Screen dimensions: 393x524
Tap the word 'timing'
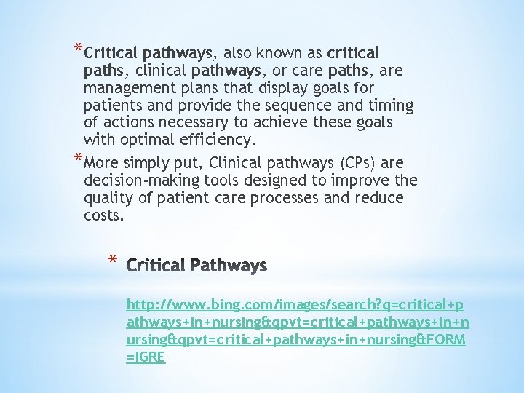pyautogui.click(x=389, y=106)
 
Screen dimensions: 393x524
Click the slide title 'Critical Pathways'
pyautogui.click(x=196, y=266)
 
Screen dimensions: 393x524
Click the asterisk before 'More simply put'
pyautogui.click(x=78, y=158)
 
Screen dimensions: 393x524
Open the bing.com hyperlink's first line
pyautogui.click(x=295, y=303)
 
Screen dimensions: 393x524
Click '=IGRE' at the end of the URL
pyautogui.click(x=146, y=357)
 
